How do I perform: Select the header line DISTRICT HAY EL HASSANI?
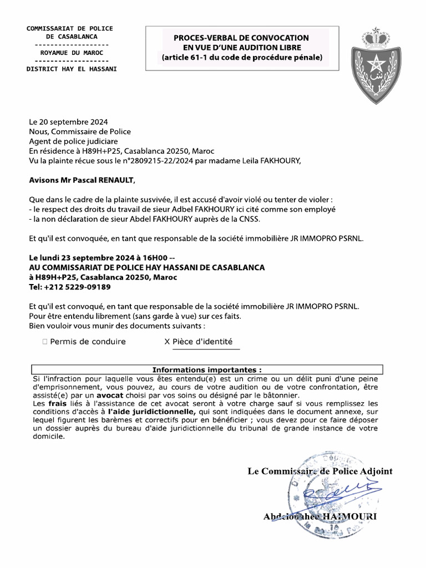[72, 69]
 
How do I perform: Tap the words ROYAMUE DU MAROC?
[72, 53]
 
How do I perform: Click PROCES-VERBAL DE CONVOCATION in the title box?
[241, 38]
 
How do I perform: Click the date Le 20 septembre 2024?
[68, 122]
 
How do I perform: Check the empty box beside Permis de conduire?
[44, 342]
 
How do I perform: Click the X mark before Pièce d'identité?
[167, 342]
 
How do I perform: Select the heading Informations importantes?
[207, 369]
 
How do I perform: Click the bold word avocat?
[111, 395]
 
